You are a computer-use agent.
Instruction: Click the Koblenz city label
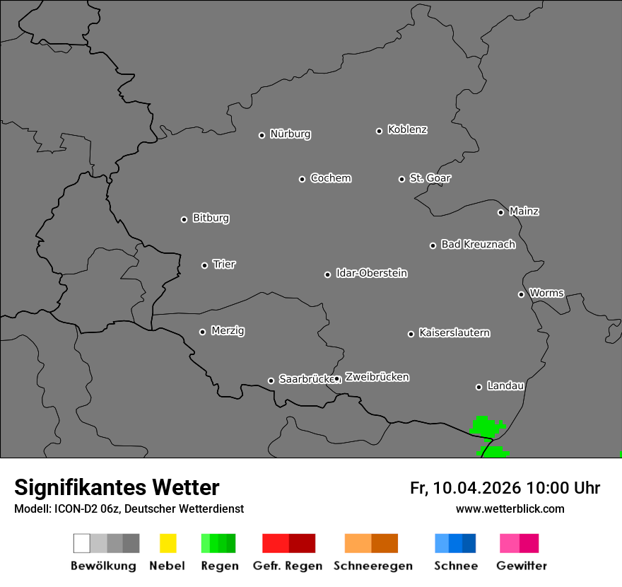407,129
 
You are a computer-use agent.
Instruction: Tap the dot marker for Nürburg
262,135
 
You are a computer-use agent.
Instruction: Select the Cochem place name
331,178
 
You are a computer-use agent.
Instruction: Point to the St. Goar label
430,178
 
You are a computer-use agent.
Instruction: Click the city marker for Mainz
500,212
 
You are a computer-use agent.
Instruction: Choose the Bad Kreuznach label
478,245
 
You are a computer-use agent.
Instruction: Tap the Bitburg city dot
184,219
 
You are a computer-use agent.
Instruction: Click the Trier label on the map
224,265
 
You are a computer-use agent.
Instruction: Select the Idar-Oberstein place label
372,273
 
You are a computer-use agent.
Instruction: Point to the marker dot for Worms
521,294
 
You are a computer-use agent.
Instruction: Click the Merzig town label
228,331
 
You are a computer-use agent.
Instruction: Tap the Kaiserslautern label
454,332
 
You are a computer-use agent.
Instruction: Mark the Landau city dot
479,387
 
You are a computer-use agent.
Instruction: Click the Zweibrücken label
377,377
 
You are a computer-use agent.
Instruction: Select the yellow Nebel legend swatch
168,543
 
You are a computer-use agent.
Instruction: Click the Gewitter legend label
522,566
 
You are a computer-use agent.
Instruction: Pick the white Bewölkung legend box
82,543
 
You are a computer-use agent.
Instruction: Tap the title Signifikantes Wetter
117,488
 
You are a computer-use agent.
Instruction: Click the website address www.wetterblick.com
510,508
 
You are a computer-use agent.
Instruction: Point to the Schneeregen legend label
372,566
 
